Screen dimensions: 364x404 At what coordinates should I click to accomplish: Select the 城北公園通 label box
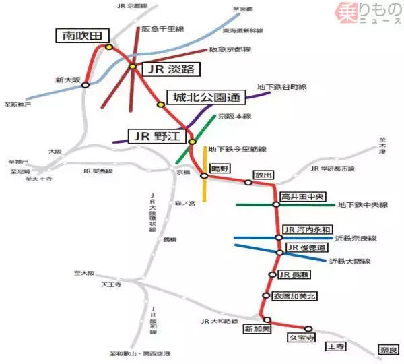click(206, 98)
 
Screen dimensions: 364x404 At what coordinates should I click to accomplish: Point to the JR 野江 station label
click(156, 137)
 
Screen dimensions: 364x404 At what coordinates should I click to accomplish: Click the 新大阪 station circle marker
click(86, 85)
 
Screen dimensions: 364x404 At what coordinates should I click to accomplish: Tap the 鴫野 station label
click(220, 169)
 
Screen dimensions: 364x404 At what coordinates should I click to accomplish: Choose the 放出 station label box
click(263, 175)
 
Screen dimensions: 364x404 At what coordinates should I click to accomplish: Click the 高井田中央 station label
click(303, 197)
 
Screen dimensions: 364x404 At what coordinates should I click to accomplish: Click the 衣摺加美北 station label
click(295, 296)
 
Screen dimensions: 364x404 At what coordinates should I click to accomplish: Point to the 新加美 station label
click(257, 329)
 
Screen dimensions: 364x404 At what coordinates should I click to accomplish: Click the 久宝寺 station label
click(301, 336)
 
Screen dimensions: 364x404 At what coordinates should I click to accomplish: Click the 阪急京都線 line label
click(230, 49)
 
